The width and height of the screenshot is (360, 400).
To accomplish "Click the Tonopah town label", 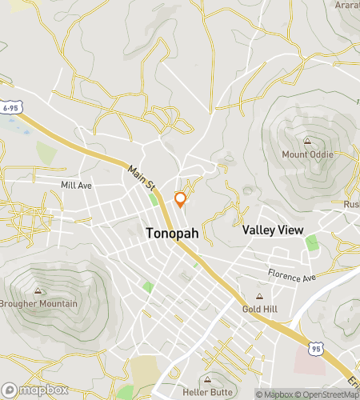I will point(174,234).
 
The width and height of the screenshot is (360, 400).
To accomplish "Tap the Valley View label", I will point(273,230).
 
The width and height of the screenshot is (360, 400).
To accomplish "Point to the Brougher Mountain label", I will point(39,304).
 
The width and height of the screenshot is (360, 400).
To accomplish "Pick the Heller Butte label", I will point(208,392).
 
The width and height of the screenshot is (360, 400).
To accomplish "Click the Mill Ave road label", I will point(77,185).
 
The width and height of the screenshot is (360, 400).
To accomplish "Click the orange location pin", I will point(180,199).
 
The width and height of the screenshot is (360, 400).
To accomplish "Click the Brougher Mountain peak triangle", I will point(38,291).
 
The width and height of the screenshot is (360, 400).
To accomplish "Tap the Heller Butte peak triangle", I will point(208,379).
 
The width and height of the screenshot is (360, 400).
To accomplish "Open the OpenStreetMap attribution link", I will point(328,394).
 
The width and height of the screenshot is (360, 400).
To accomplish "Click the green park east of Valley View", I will point(311,242).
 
